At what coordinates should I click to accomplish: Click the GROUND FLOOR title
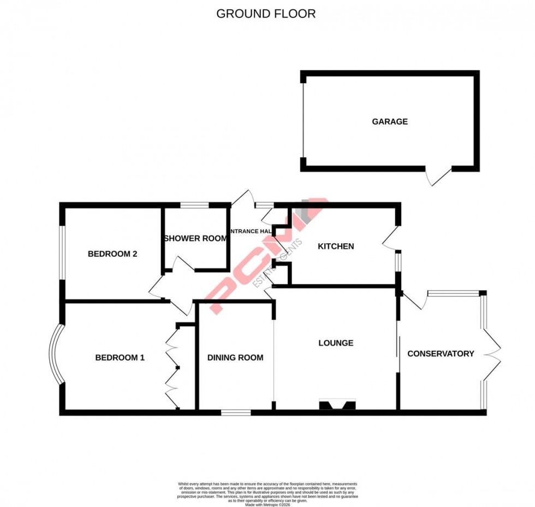[266, 14]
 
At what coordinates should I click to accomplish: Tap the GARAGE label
[390, 122]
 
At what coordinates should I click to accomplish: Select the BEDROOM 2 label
[112, 254]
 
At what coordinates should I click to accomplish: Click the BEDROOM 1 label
[120, 358]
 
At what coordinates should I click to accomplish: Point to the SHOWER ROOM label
[195, 238]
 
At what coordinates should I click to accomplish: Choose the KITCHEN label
[336, 246]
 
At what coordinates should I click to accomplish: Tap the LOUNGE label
[336, 343]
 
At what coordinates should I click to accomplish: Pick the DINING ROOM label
[235, 358]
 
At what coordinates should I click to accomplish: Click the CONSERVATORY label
[441, 353]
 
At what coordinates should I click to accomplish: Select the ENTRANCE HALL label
[251, 232]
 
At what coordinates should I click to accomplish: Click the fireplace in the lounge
[337, 404]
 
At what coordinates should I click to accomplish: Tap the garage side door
[439, 176]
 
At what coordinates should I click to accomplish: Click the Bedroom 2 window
[62, 253]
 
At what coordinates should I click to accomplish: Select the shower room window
[195, 205]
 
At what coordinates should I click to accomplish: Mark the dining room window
[236, 412]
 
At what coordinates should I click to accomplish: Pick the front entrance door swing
[243, 199]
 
